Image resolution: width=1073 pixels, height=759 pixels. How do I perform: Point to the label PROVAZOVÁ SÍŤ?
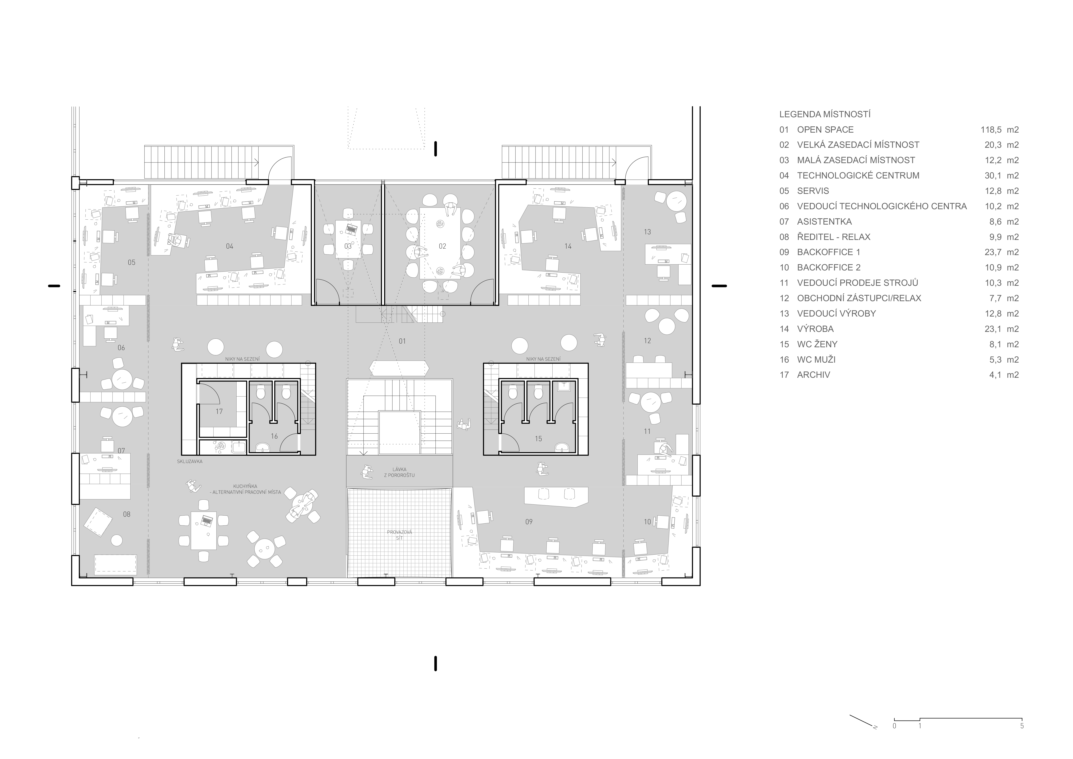(x=399, y=535)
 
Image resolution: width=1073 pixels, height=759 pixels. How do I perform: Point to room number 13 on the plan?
(x=647, y=232)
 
